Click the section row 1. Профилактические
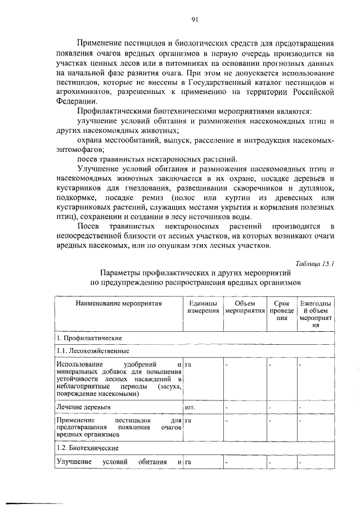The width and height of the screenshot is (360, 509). [x=89, y=337]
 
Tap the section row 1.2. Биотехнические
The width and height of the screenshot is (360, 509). [x=87, y=448]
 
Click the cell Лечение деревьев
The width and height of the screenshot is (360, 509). [x=83, y=406]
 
